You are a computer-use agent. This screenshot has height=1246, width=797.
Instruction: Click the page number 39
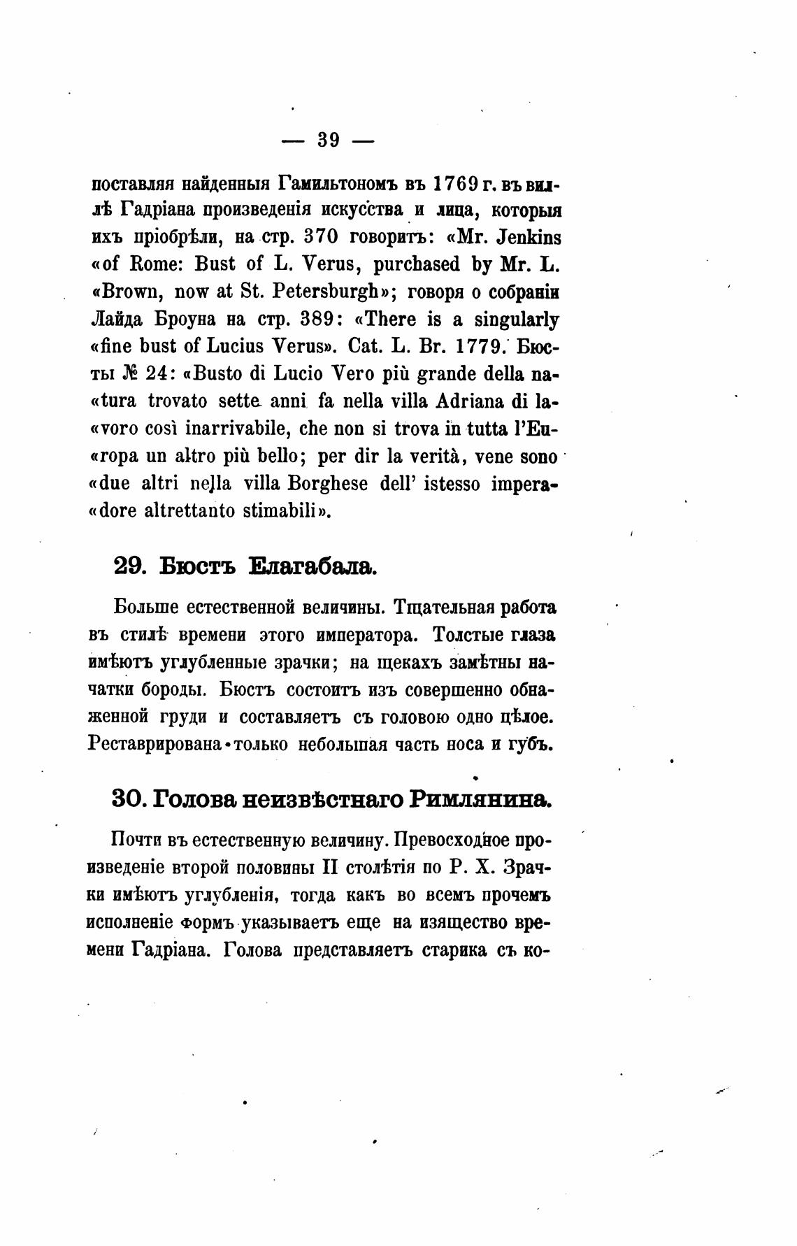[328, 140]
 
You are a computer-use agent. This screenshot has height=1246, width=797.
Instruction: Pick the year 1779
[471, 348]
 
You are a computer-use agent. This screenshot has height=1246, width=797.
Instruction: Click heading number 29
[129, 566]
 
